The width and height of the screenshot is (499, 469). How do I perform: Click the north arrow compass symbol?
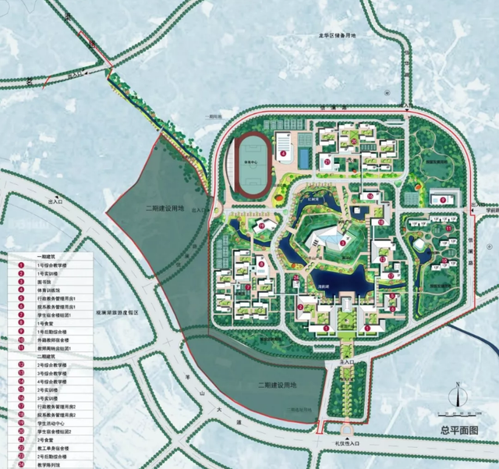(460, 386)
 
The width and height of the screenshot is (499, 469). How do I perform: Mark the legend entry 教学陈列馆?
(51, 463)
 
